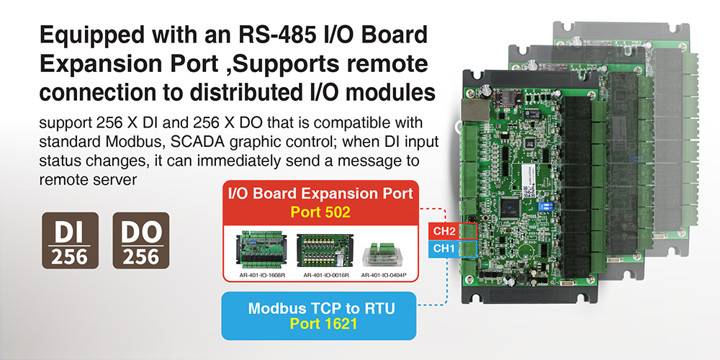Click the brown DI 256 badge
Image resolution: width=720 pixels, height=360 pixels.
tap(71, 240)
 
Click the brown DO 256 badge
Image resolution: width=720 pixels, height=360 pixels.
tap(141, 240)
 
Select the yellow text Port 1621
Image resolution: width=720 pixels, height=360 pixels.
tap(320, 324)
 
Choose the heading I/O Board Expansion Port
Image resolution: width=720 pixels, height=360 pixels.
tap(320, 194)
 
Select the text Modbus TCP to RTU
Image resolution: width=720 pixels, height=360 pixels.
tap(320, 309)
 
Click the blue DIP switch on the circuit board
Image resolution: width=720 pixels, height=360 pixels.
tap(544, 204)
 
